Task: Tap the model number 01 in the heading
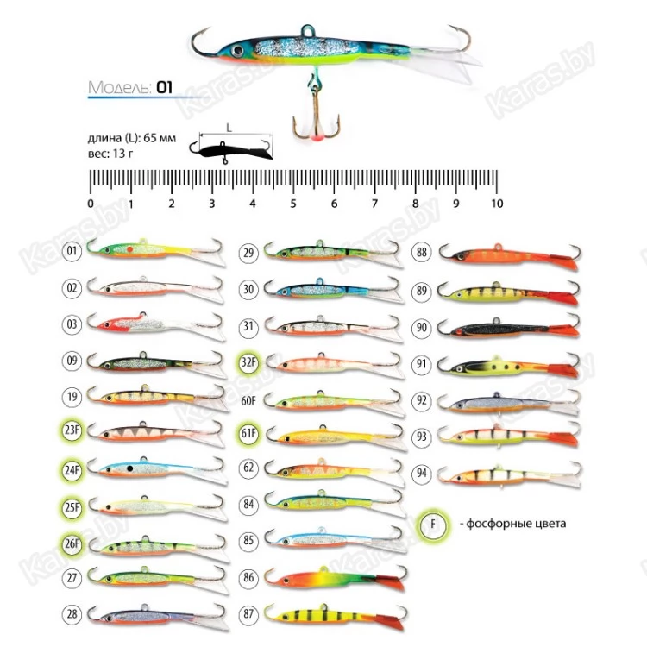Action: coord(165,87)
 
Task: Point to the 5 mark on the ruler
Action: coord(293,204)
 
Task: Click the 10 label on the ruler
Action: coord(496,204)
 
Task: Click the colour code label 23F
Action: coord(72,429)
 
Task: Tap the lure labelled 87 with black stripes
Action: coord(332,614)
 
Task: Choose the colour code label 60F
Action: coord(248,399)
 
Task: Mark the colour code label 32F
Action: coord(248,363)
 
